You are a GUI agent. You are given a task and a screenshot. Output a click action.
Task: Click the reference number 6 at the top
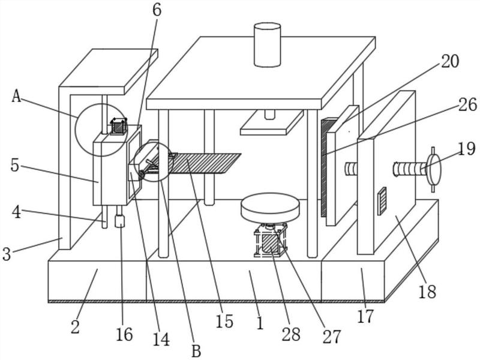(157, 10)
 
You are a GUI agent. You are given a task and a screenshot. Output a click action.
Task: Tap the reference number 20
(449, 61)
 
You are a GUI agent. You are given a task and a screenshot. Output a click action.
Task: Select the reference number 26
(467, 104)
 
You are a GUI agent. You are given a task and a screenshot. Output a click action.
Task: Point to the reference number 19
(467, 149)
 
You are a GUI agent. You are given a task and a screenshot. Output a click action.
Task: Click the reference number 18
(427, 291)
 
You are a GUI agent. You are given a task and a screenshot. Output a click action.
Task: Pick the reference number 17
(365, 316)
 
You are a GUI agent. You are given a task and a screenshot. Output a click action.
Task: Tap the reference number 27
(331, 337)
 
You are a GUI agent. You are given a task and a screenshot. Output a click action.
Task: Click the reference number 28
(291, 335)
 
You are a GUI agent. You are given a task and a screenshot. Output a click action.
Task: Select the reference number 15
(224, 322)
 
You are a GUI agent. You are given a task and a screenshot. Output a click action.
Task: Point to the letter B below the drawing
(196, 351)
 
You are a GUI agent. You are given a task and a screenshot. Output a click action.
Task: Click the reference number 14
(161, 339)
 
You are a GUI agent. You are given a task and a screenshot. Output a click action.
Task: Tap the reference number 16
(124, 334)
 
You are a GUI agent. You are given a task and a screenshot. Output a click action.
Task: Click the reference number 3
(7, 254)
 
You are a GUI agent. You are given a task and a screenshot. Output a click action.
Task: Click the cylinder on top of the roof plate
(267, 44)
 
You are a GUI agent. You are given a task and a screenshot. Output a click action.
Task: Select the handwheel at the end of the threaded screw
(433, 169)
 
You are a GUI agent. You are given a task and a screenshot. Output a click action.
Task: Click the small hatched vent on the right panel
(382, 201)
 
